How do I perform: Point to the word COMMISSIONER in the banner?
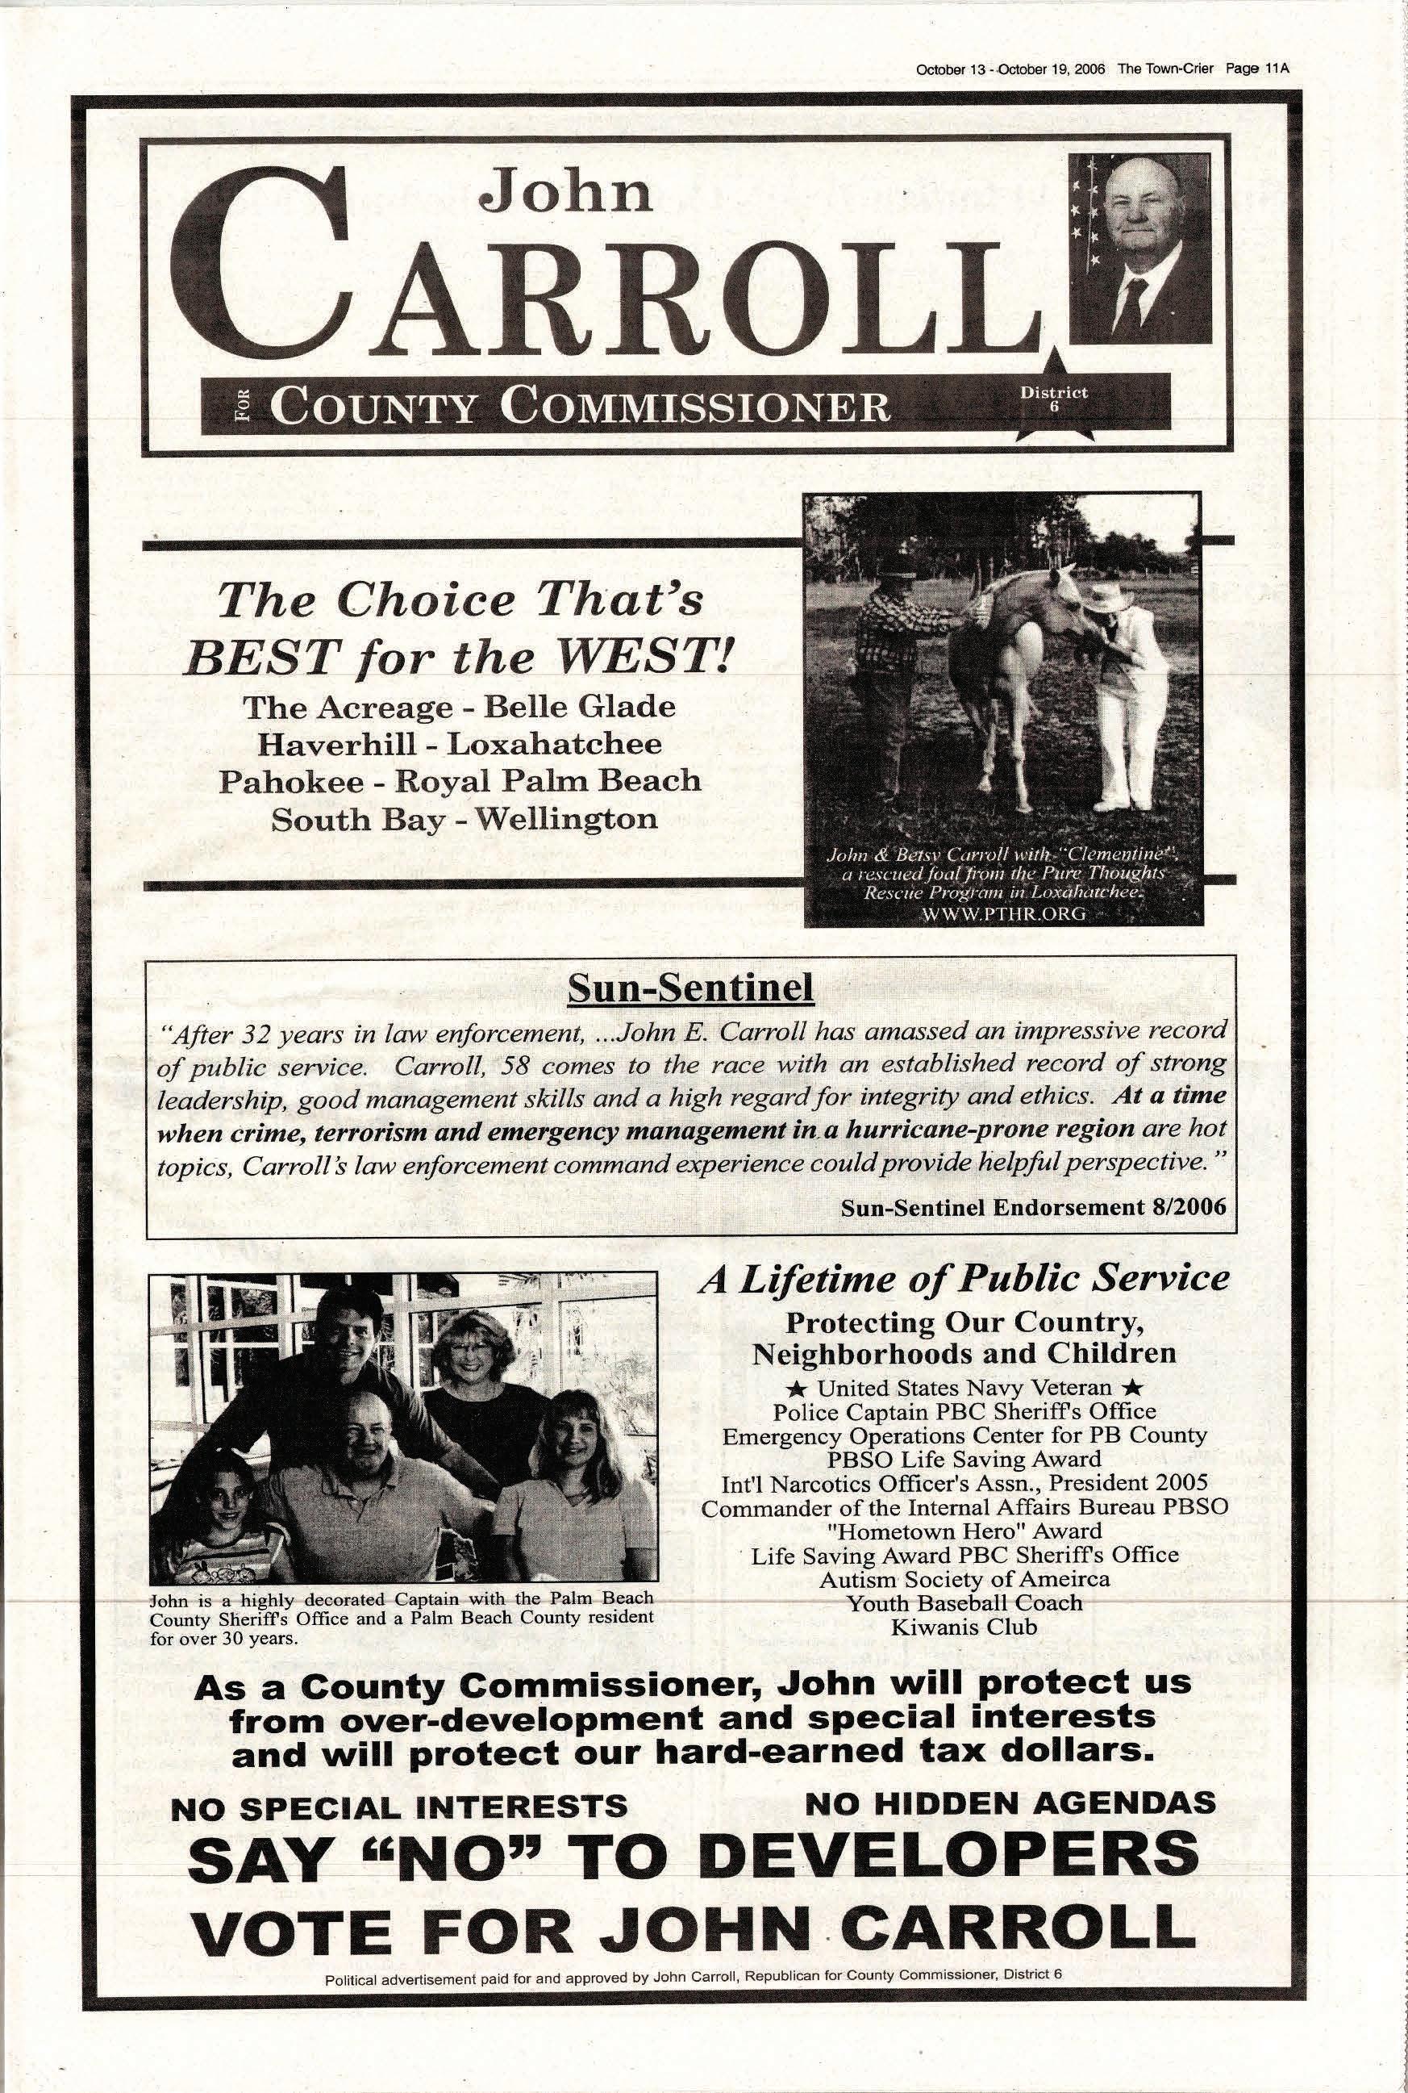696,406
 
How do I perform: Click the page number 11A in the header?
1276,69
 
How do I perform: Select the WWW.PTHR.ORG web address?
1003,914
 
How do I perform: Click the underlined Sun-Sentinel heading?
691,989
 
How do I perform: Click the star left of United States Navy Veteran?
806,1389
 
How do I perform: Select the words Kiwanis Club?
964,1627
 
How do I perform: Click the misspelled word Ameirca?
1068,1578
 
